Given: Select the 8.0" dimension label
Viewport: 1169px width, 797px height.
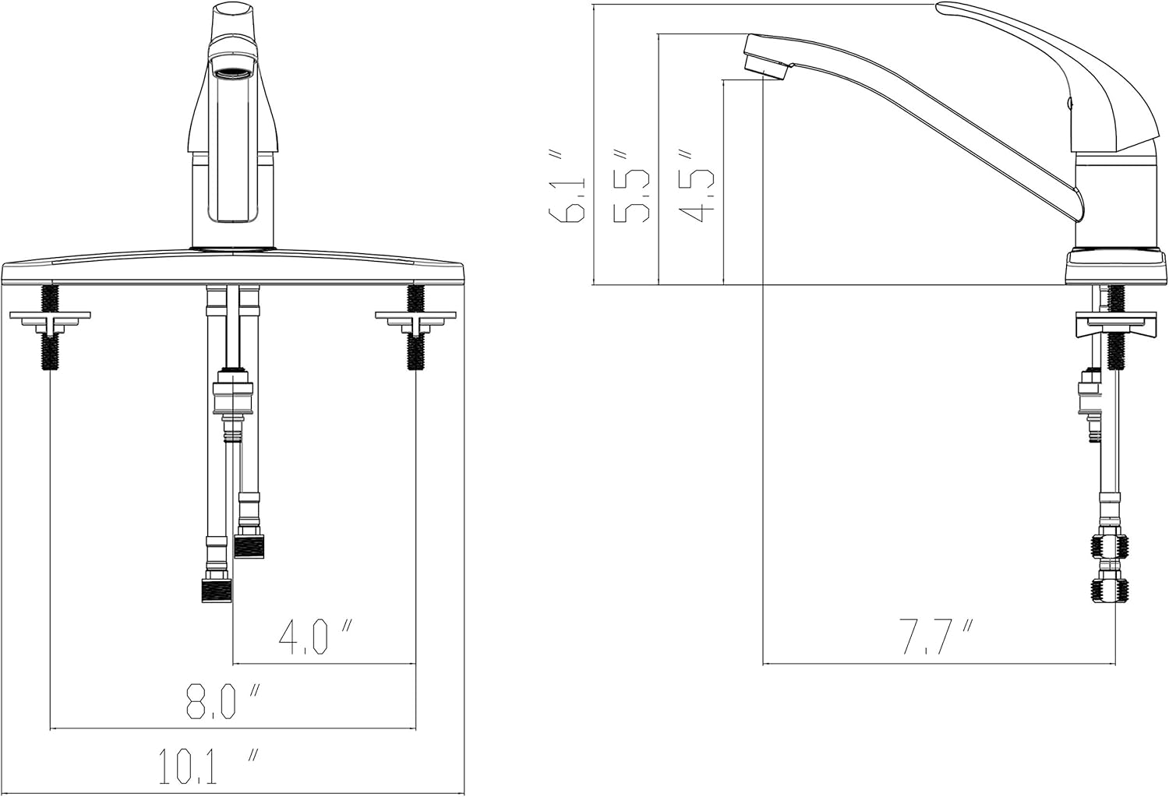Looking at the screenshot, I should (x=222, y=701).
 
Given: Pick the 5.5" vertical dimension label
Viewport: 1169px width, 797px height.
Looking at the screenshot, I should (x=633, y=187).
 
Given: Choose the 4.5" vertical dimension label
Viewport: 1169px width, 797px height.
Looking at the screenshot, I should (x=694, y=187).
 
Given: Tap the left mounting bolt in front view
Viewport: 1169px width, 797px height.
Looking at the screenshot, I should (x=50, y=327).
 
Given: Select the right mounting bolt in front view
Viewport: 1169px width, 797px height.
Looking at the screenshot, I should (x=415, y=327).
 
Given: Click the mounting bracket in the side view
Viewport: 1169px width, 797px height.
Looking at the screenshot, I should (x=1115, y=322).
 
